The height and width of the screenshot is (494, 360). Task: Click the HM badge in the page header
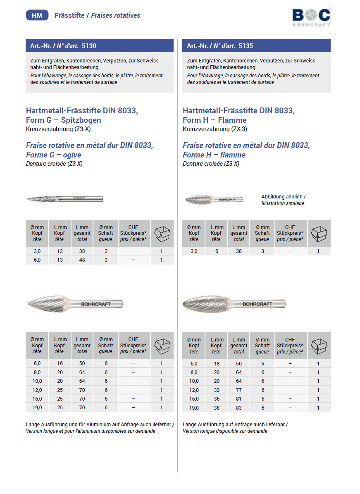tap(37, 15)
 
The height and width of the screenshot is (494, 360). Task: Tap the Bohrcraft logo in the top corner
tap(311, 16)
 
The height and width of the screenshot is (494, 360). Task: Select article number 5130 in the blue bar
tap(89, 45)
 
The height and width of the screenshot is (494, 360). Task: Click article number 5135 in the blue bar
tap(246, 45)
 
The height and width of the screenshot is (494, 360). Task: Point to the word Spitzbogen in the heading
tap(81, 120)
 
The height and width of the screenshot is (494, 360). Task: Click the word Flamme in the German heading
tap(233, 120)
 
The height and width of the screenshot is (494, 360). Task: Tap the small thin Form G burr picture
tap(64, 199)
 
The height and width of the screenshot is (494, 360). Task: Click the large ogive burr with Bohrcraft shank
tap(74, 304)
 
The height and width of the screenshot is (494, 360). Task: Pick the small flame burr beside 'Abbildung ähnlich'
tap(214, 199)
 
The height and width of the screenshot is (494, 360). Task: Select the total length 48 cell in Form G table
tap(82, 260)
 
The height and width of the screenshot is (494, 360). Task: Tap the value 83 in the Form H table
tap(239, 408)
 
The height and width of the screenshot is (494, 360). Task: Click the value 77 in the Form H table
tap(239, 390)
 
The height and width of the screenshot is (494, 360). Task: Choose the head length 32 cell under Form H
tap(216, 390)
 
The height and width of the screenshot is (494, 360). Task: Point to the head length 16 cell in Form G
tap(60, 363)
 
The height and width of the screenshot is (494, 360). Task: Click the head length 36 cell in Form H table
tap(216, 399)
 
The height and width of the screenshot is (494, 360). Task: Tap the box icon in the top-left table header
tap(162, 234)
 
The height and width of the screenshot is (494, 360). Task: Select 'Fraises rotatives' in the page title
tap(116, 15)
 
